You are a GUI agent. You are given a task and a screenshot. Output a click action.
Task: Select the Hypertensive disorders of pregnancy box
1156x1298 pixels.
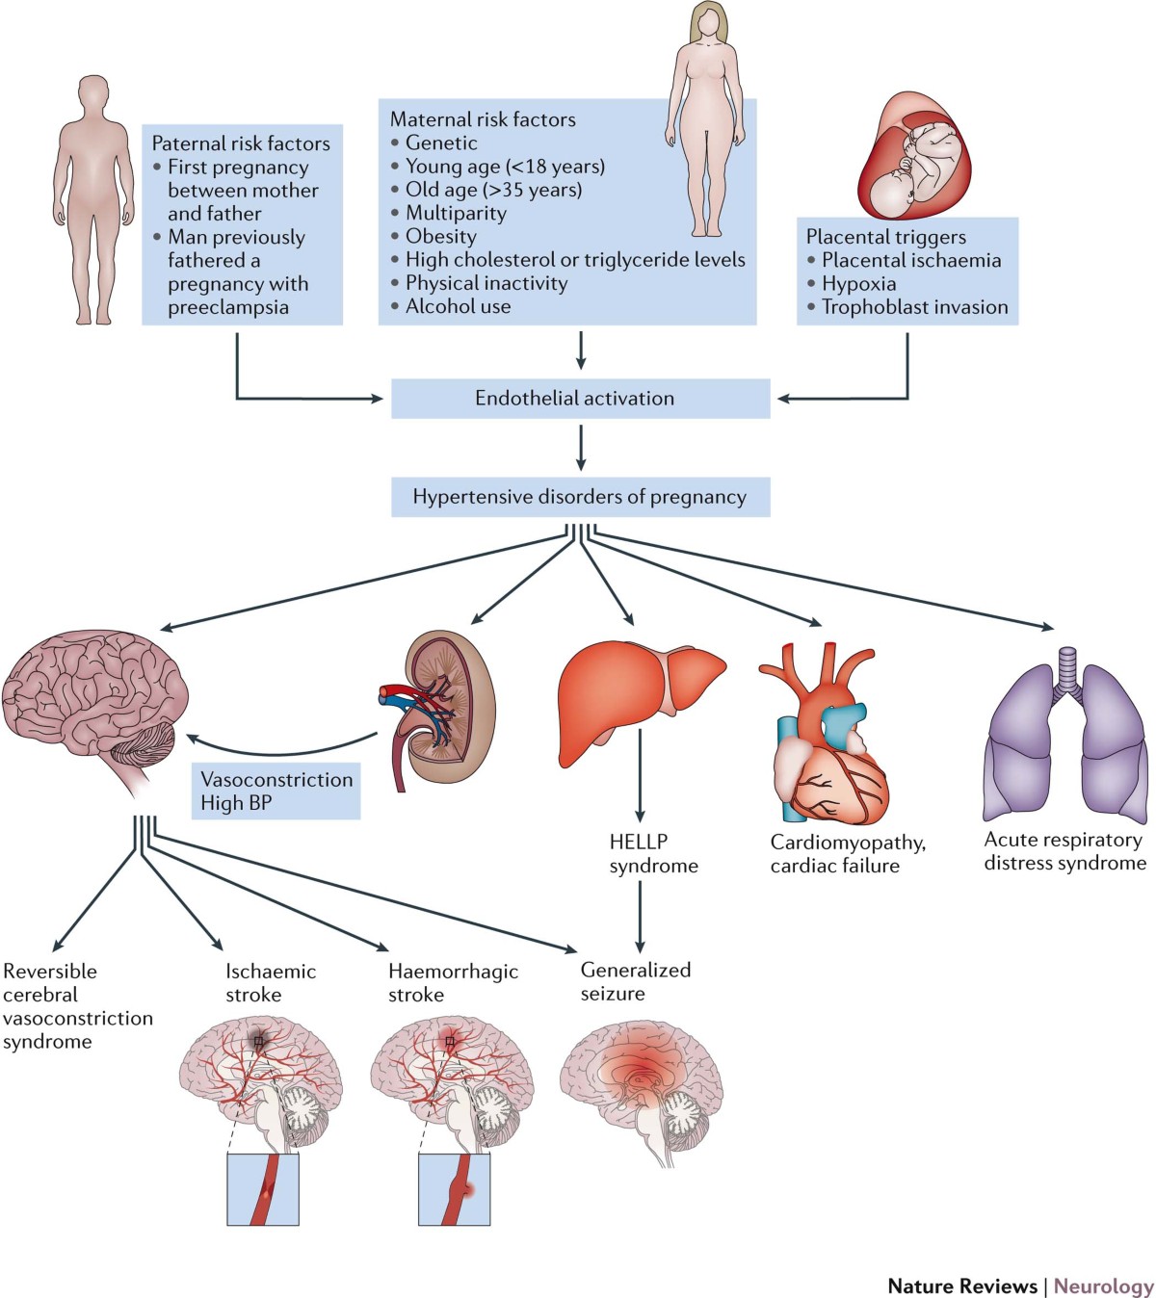point(580,497)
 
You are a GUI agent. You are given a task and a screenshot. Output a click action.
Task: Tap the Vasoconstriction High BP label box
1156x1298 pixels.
point(277,792)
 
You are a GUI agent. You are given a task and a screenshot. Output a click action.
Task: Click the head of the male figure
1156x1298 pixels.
point(93,96)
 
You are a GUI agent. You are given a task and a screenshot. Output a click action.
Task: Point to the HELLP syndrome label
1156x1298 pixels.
point(653,854)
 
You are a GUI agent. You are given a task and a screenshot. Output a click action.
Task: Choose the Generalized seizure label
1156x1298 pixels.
point(635,981)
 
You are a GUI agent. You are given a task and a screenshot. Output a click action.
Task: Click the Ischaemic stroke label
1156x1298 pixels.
point(271,982)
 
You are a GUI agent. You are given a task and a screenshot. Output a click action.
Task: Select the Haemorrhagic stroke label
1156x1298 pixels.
point(453,982)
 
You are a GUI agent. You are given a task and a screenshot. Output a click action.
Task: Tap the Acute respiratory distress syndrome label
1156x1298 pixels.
point(1064,851)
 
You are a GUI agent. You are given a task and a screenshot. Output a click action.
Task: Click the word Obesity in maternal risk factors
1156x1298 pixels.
point(441,236)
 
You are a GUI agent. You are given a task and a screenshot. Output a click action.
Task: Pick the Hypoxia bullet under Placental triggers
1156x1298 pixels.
point(858,284)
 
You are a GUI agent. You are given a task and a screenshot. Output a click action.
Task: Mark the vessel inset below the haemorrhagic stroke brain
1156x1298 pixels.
point(454,1189)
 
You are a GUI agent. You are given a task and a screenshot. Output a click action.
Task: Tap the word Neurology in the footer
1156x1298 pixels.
point(1103,1286)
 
